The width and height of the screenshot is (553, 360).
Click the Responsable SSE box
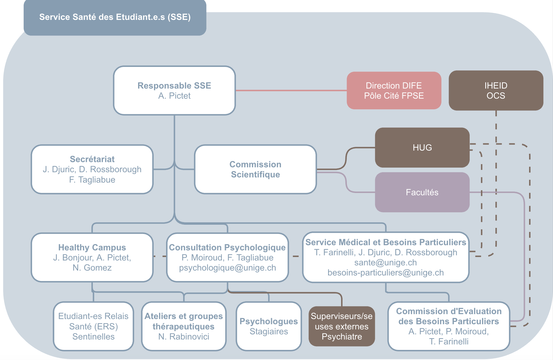click(x=174, y=90)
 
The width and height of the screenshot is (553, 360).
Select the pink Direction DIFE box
click(x=394, y=90)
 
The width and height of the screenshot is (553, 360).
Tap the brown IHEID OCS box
click(x=496, y=90)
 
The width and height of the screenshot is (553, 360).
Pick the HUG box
click(x=422, y=147)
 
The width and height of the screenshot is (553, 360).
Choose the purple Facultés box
click(x=422, y=192)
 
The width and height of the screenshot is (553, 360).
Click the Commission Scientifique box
click(x=255, y=169)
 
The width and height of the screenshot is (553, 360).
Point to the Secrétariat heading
click(x=92, y=159)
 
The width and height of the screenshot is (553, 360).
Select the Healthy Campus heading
click(x=92, y=247)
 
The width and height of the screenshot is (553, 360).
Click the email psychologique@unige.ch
click(x=227, y=268)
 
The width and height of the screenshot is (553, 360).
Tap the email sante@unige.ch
click(x=385, y=262)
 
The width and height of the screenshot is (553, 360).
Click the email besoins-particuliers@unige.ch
click(x=385, y=273)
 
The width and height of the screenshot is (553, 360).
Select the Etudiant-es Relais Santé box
click(x=93, y=326)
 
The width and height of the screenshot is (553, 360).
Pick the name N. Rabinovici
click(x=184, y=337)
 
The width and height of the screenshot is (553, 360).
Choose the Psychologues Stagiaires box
click(x=269, y=326)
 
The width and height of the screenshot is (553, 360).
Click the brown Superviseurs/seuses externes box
click(x=342, y=326)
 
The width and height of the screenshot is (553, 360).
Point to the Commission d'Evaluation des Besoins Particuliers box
click(x=449, y=326)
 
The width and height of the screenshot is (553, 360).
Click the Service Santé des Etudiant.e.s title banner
click(x=115, y=17)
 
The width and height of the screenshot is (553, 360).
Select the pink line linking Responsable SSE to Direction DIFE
click(x=291, y=91)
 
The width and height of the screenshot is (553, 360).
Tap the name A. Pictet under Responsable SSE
click(x=174, y=96)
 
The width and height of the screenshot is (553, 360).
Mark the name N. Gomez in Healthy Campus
click(x=92, y=268)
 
